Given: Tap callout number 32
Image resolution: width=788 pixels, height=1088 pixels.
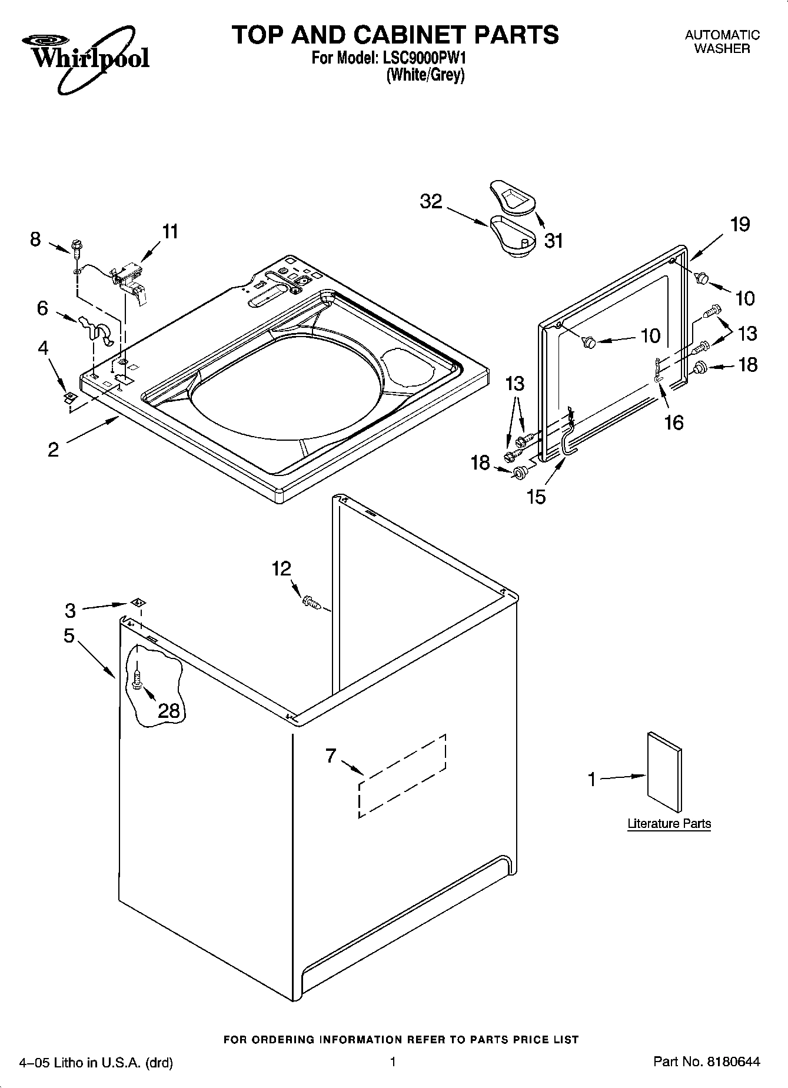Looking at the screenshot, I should click(x=431, y=201).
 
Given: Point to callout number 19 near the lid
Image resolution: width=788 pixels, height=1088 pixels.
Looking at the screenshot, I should click(x=740, y=224).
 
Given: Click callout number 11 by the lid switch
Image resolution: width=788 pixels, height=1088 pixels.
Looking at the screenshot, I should click(x=169, y=232).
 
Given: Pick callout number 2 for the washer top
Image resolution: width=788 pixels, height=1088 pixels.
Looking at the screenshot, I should click(x=53, y=450).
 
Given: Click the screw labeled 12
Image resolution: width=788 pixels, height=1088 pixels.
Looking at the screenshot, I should click(x=310, y=601).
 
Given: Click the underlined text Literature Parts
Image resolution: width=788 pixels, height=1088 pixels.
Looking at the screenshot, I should click(x=669, y=823).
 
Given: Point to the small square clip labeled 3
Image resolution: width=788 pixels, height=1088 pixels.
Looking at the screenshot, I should click(x=138, y=602).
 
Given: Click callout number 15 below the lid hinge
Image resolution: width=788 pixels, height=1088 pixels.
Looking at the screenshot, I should click(x=536, y=497).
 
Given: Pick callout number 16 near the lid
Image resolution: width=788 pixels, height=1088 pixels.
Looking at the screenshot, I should click(x=674, y=422).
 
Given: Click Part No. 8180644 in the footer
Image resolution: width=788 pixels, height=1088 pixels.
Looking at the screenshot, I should click(x=707, y=1062).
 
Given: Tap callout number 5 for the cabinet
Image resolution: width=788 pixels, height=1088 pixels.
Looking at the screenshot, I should click(x=69, y=636).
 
